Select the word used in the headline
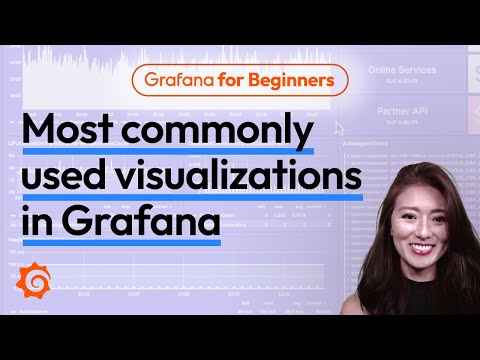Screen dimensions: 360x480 point(65,179)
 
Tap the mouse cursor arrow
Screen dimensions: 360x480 point(340,128)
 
